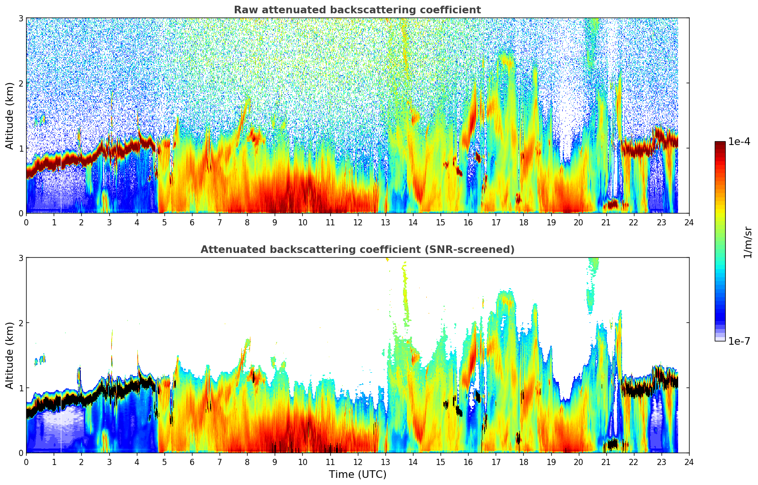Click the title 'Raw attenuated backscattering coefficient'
(357, 10)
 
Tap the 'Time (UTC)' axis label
(357, 474)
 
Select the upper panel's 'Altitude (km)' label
(10, 116)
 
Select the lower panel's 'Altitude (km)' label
(10, 355)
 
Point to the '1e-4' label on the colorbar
(739, 142)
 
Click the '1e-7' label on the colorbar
(739, 341)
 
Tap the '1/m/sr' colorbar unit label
(748, 242)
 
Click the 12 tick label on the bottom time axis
(357, 462)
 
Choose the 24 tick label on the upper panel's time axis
(689, 223)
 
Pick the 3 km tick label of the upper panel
(20, 18)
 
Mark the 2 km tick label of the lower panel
(20, 323)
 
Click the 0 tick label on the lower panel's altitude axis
(20, 453)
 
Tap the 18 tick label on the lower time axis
(523, 462)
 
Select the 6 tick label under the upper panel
(192, 223)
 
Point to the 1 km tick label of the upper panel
(20, 148)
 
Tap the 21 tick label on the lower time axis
(606, 462)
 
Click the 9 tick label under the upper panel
(275, 223)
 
